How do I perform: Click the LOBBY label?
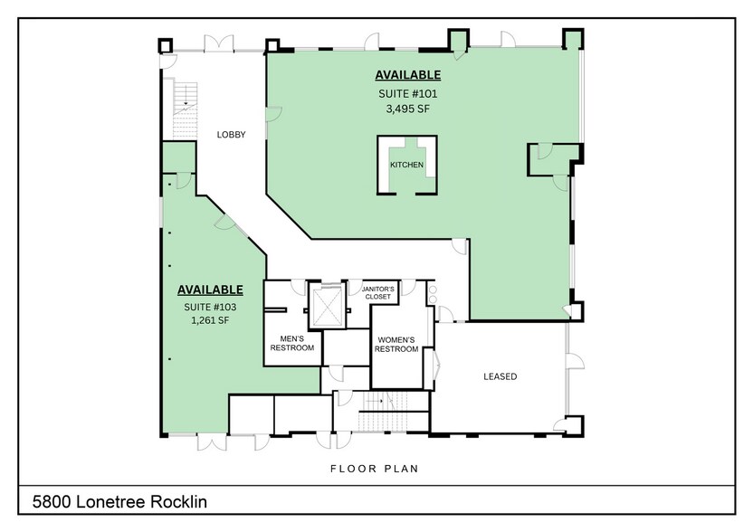click(x=231, y=135)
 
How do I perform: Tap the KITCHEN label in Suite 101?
click(x=406, y=165)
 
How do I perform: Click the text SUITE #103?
click(x=209, y=307)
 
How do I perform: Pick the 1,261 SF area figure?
click(x=209, y=320)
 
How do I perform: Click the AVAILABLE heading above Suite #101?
click(x=407, y=75)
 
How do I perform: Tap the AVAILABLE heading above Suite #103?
click(x=210, y=290)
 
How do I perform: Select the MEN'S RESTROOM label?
click(x=291, y=343)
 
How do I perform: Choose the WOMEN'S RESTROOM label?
click(x=396, y=344)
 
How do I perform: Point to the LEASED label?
click(x=500, y=376)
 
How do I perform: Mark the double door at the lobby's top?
click(x=220, y=44)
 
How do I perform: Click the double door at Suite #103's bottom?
click(x=213, y=442)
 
